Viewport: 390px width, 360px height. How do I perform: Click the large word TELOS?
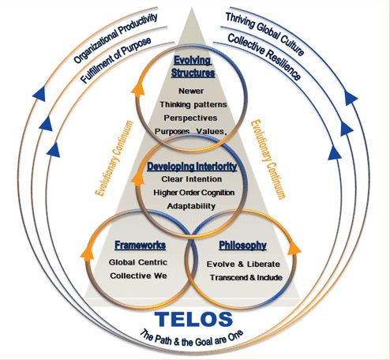(x=193, y=320)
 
